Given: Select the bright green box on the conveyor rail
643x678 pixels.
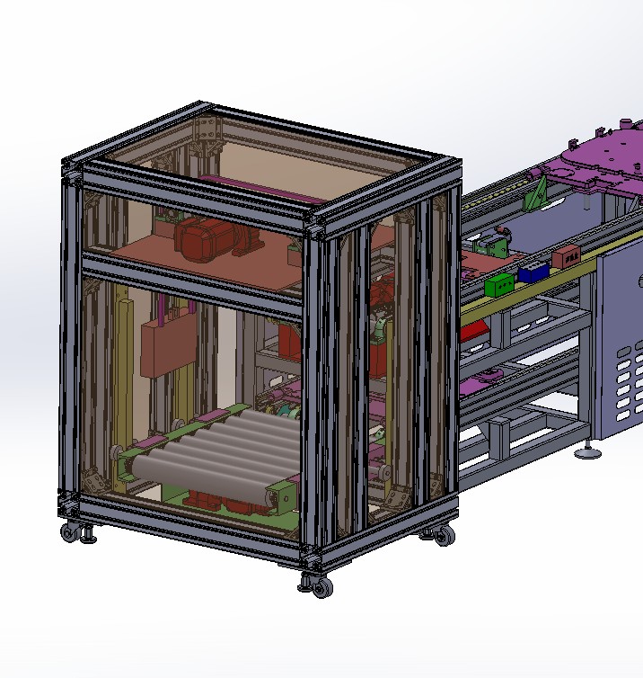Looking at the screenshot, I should pyautogui.click(x=499, y=284).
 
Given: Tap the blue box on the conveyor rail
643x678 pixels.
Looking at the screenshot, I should pyautogui.click(x=533, y=271).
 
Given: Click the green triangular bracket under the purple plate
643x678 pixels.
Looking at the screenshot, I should pyautogui.click(x=538, y=194).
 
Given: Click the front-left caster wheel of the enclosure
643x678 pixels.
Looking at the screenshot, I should pyautogui.click(x=70, y=531).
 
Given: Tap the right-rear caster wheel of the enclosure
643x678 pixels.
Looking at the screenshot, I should pyautogui.click(x=443, y=536).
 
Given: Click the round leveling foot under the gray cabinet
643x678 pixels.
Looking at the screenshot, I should pyautogui.click(x=589, y=451).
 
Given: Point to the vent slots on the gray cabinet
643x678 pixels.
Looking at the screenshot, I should pyautogui.click(x=629, y=378).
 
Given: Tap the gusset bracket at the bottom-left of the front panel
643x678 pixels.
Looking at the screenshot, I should pyautogui.click(x=90, y=481).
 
